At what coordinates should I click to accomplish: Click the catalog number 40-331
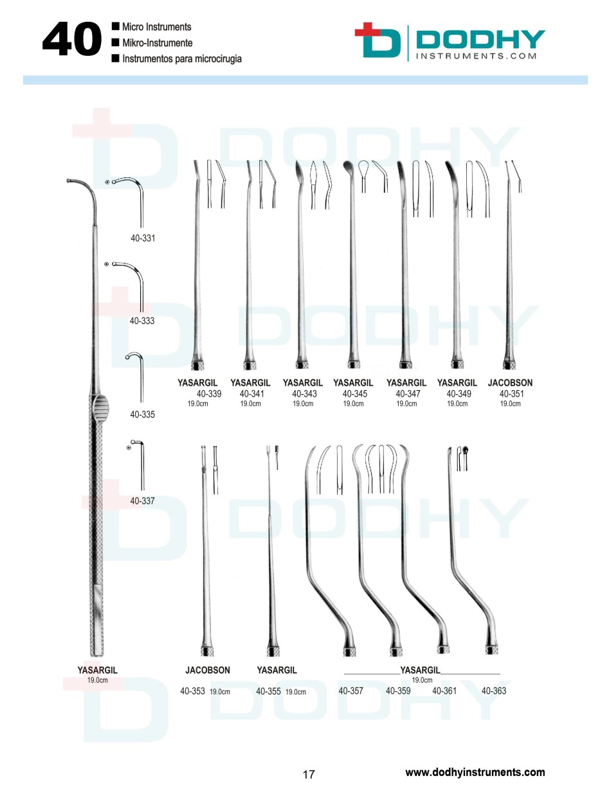(x=143, y=238)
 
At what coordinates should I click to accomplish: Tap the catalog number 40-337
(x=143, y=500)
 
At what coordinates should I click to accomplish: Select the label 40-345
(x=354, y=394)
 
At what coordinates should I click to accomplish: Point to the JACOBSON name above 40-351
(x=510, y=383)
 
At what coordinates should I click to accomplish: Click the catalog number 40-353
(x=192, y=692)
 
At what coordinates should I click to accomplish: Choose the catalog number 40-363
(x=493, y=692)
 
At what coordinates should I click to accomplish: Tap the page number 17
(x=308, y=773)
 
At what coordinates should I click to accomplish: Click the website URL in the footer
(x=475, y=772)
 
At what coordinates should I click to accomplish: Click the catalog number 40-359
(x=398, y=692)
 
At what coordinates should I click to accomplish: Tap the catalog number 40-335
(x=143, y=415)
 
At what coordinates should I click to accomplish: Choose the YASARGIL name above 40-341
(x=250, y=383)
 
